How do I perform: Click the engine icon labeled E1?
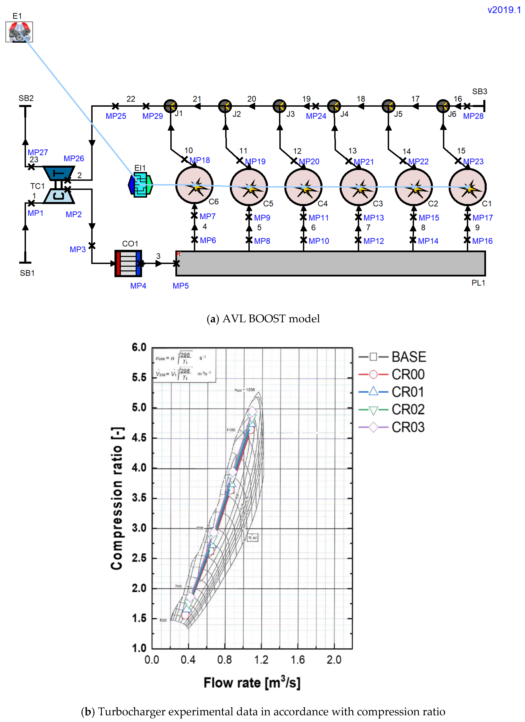point(19,32)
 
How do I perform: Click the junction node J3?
point(280,106)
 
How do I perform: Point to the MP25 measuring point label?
point(116,116)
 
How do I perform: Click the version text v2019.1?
point(504,10)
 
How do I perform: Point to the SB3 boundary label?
point(480,92)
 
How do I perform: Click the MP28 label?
point(473,116)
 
